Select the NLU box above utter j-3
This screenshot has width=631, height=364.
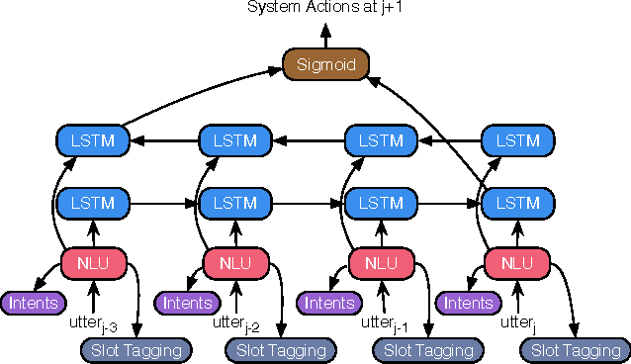pos(92,263)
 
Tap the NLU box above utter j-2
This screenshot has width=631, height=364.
pos(234,263)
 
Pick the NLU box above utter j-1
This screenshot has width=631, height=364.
pos(380,263)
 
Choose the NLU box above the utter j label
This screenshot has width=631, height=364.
pos(516,263)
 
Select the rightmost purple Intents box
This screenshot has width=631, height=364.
pos(467,302)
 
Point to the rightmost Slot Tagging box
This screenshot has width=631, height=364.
pos(576,349)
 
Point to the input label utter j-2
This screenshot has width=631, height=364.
pos(238,322)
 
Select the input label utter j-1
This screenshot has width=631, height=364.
pos(384,322)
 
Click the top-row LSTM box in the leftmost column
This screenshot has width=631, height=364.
pos(93,140)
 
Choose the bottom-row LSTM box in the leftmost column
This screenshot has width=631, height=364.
pos(93,203)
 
